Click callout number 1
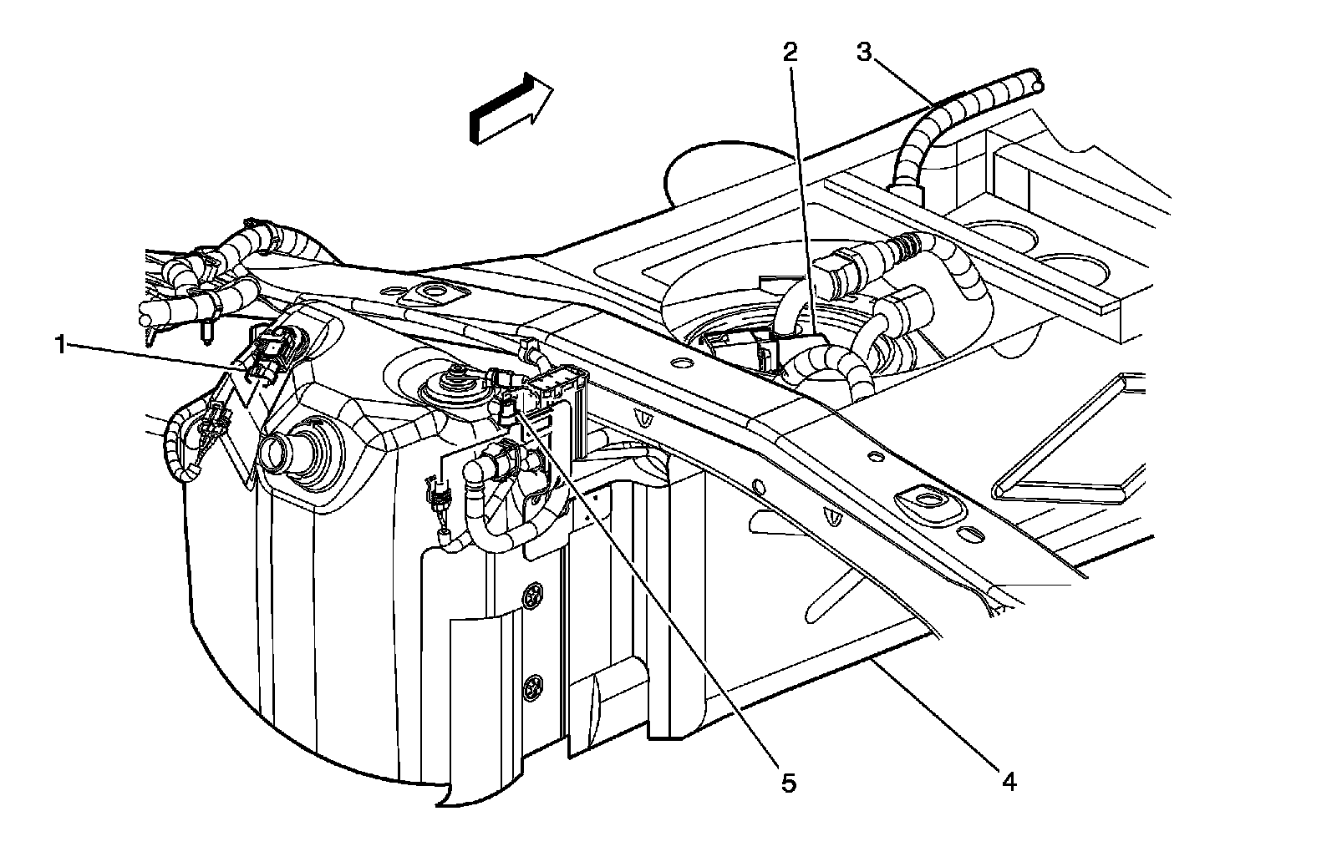click(60, 344)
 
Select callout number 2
click(790, 53)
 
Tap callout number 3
click(864, 52)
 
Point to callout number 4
click(1008, 781)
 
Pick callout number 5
click(789, 783)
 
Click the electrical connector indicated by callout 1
click(272, 355)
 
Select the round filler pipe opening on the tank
click(276, 454)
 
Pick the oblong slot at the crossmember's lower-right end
click(971, 532)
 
